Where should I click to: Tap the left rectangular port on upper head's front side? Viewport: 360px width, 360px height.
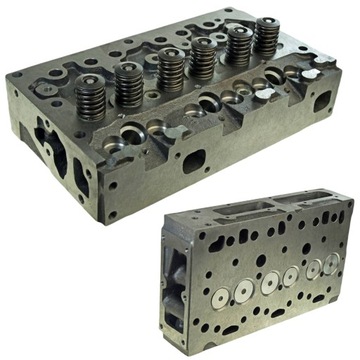(191, 160)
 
